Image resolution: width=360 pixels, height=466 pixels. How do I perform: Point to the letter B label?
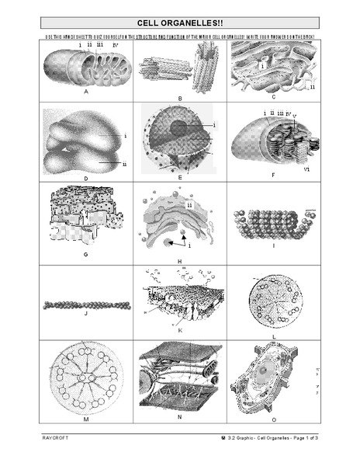click(x=179, y=99)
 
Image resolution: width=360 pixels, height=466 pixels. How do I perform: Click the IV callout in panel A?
click(x=115, y=47)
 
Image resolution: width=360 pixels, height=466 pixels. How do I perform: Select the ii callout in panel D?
click(x=124, y=164)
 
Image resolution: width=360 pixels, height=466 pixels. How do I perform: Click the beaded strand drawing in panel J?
click(x=85, y=305)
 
